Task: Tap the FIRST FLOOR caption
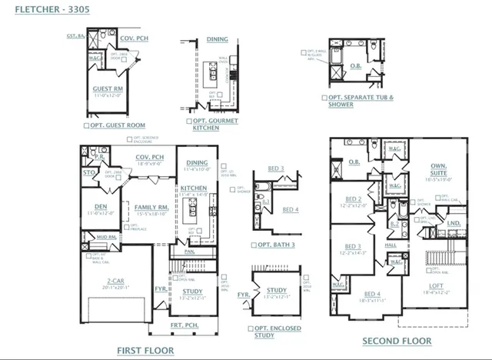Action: click(149, 350)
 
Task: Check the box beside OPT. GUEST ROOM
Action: click(86, 125)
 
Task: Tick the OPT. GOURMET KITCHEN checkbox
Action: click(188, 122)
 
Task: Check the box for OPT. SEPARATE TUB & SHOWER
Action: click(324, 98)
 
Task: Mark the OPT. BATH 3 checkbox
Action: click(254, 245)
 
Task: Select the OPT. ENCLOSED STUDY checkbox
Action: click(251, 328)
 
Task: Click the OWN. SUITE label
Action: click(438, 169)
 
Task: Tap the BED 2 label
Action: click(353, 198)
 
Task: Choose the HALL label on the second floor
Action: click(391, 245)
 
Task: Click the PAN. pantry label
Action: click(189, 250)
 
